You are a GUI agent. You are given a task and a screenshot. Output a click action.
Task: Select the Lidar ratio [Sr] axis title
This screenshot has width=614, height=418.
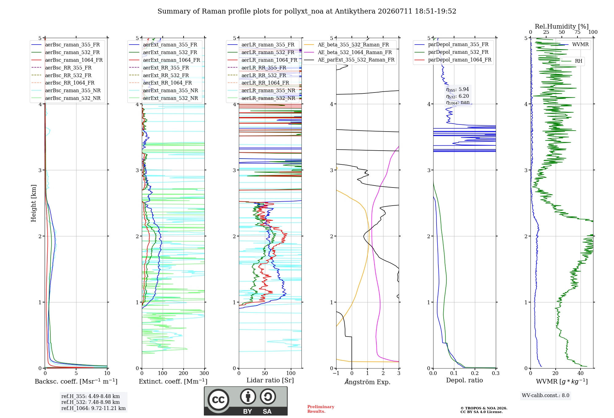[x=270, y=381]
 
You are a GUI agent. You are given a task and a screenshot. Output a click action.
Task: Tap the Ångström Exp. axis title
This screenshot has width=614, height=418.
[x=367, y=382]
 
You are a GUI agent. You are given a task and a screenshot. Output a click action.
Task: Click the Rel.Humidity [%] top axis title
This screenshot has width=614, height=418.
[x=562, y=26]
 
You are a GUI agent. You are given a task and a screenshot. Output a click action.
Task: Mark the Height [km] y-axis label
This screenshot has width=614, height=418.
[x=33, y=203]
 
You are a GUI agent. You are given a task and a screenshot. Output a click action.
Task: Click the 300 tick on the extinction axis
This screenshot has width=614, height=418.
[x=204, y=373]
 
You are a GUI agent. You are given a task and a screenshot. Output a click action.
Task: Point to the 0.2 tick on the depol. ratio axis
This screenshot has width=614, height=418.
[x=475, y=373]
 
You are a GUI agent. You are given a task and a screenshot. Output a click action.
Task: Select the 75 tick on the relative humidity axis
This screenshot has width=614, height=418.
[x=577, y=32]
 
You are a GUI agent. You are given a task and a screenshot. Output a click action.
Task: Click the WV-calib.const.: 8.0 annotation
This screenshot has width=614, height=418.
[x=546, y=396]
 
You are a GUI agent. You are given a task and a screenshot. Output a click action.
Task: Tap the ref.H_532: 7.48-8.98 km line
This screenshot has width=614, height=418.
[x=91, y=402]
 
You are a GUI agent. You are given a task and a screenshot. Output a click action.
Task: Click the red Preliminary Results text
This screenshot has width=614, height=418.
[x=321, y=409]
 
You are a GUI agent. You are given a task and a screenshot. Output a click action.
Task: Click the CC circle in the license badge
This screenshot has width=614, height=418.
[x=218, y=400]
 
